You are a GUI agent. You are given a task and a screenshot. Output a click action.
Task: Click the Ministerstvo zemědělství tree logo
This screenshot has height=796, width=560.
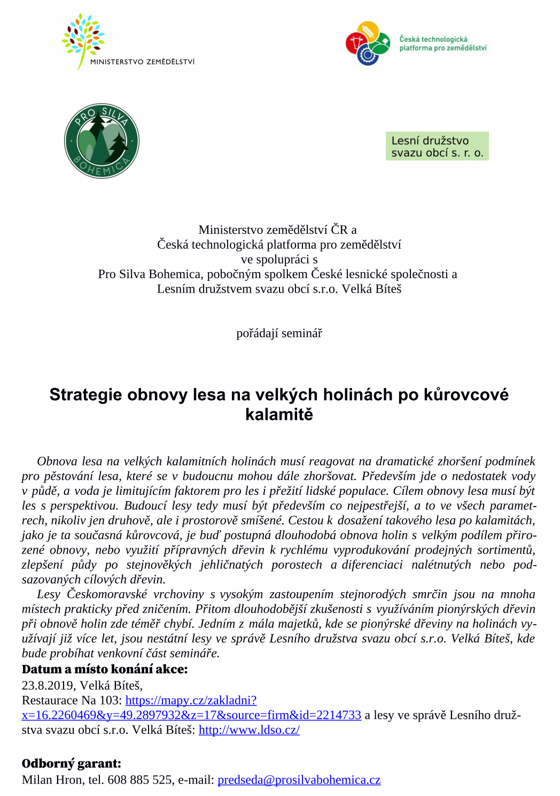point(83,41)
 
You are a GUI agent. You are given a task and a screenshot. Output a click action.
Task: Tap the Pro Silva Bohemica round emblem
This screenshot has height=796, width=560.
point(102,141)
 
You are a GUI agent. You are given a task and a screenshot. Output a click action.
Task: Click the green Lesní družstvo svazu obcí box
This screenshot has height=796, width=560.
point(437,146)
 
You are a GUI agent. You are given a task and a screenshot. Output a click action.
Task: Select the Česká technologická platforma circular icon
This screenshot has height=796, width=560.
point(368,43)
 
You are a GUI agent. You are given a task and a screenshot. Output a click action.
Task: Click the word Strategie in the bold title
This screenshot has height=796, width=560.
point(85,395)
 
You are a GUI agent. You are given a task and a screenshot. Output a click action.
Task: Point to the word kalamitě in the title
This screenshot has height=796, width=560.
point(279,415)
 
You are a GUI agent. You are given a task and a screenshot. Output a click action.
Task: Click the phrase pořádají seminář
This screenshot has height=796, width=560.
point(279,333)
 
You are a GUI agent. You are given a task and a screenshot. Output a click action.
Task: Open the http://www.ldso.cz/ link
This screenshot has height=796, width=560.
point(249,730)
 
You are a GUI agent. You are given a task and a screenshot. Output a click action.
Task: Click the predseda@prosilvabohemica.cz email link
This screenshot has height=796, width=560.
point(299,780)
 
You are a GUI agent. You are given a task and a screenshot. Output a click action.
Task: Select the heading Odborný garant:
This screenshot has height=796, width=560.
point(72,763)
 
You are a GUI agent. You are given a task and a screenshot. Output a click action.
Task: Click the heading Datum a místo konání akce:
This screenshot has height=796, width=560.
point(105,669)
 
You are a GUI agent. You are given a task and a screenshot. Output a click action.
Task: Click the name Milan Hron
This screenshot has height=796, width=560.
point(52,780)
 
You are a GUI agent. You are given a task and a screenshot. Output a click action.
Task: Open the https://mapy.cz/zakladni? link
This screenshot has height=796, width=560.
point(191,700)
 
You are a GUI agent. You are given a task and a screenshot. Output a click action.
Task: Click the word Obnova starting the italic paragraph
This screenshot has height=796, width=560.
point(57,461)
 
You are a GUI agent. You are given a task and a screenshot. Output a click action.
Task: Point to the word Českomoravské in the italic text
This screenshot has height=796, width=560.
point(107,594)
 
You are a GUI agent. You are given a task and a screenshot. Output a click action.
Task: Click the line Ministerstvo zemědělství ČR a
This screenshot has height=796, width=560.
point(277,229)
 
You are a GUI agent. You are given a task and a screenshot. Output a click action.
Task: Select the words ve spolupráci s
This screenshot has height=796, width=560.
point(279,259)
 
